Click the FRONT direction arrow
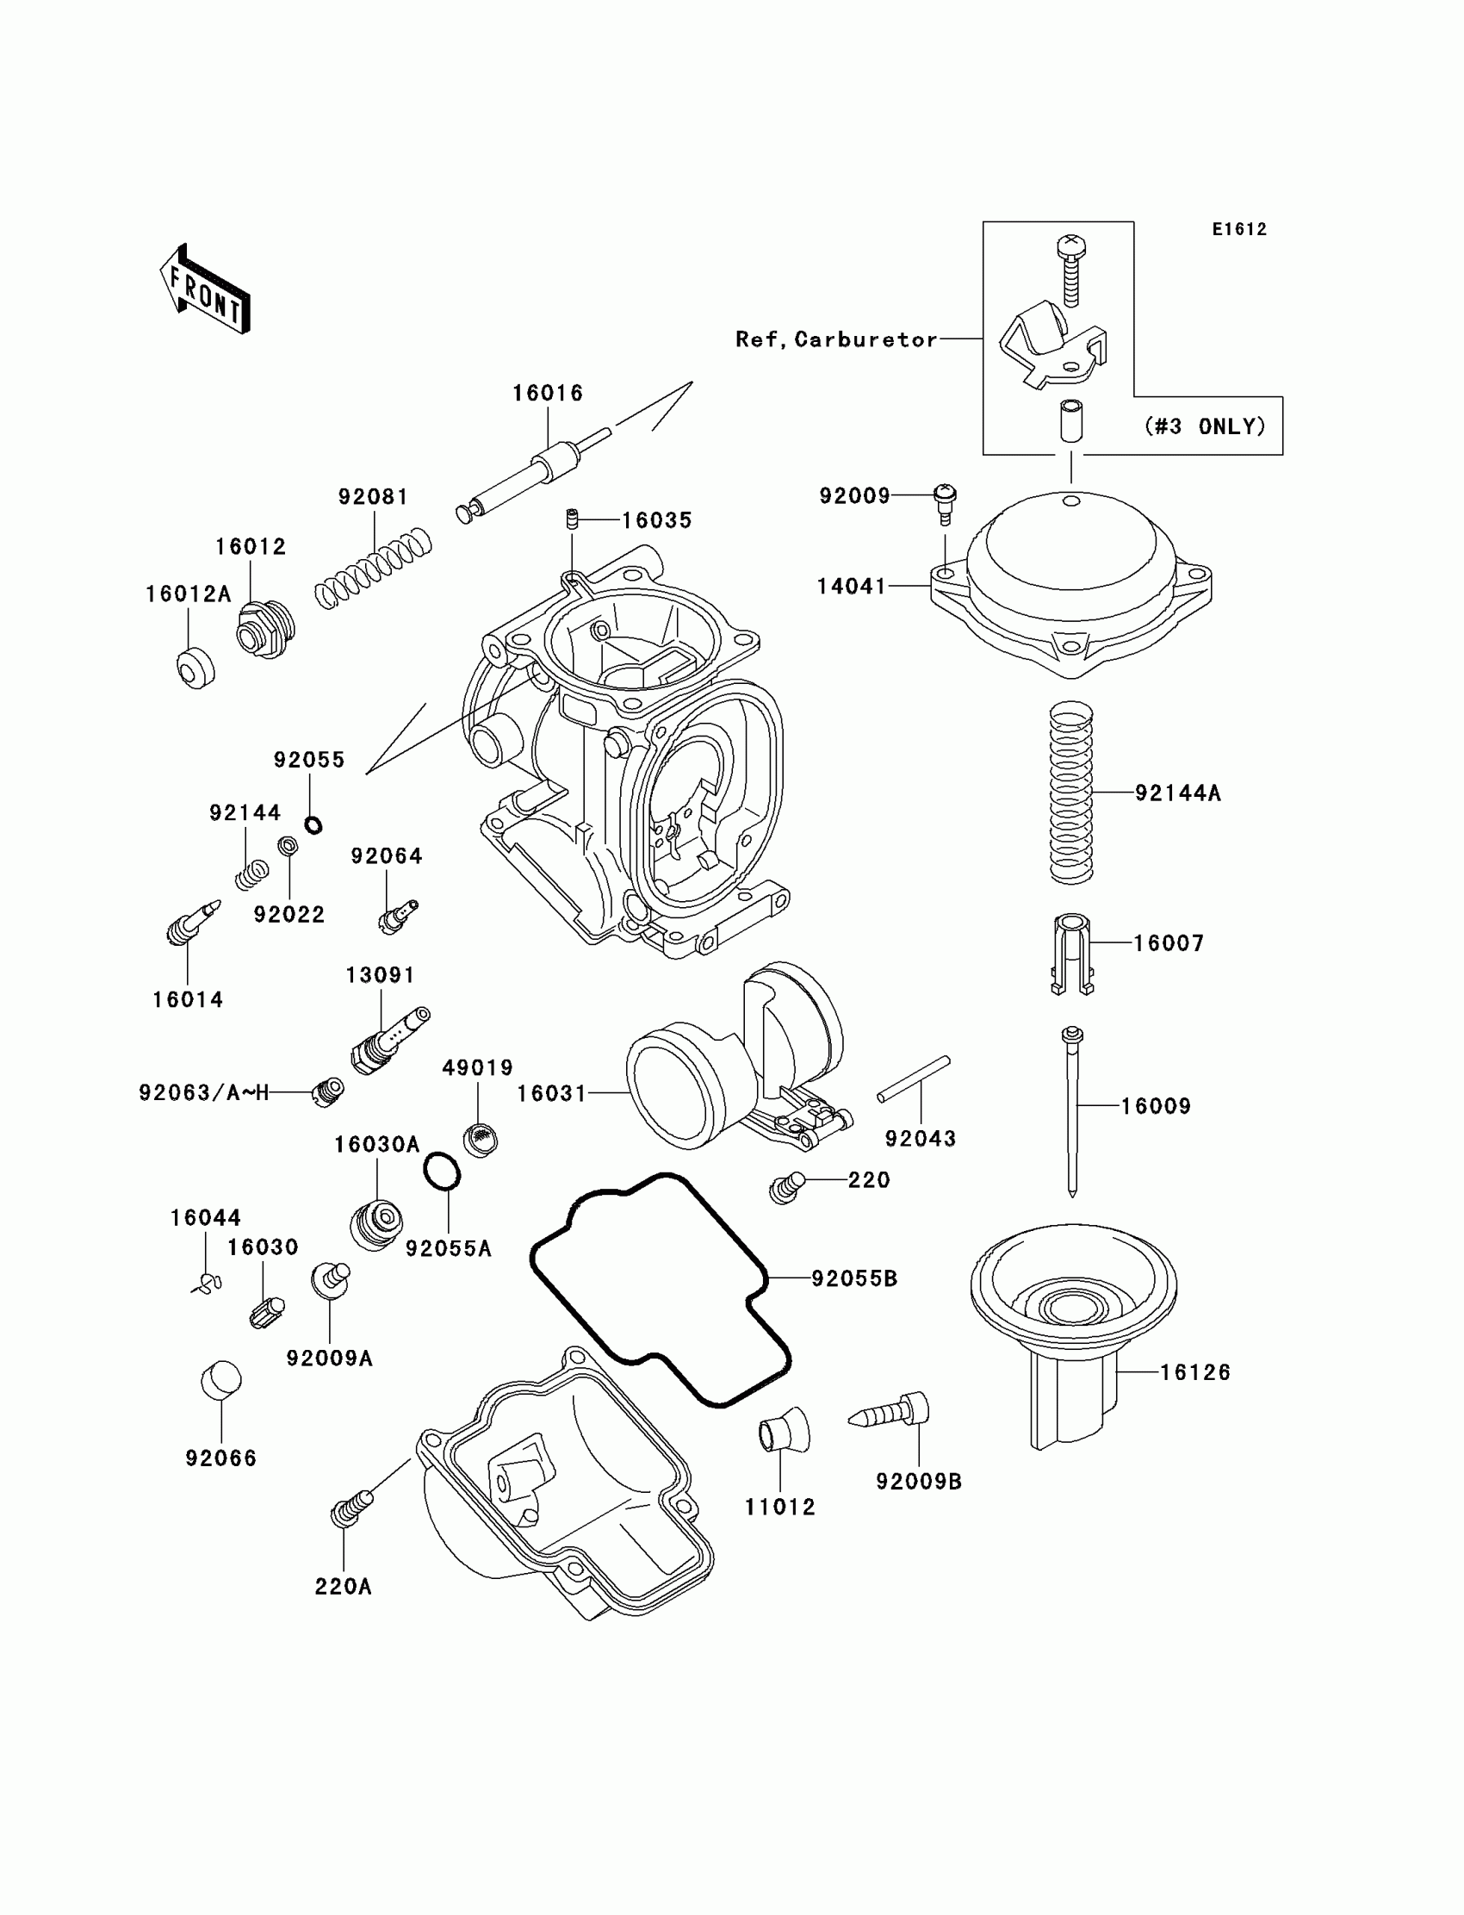206,290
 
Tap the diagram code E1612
1239,229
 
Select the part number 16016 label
547,393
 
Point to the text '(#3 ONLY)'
1205,426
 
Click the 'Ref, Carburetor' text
835,339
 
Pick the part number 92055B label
854,1278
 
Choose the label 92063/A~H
204,1092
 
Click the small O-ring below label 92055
313,824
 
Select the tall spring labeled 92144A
1071,793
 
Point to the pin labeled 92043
913,1079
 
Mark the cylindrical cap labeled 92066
221,1380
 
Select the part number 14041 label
851,587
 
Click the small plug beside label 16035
573,519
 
